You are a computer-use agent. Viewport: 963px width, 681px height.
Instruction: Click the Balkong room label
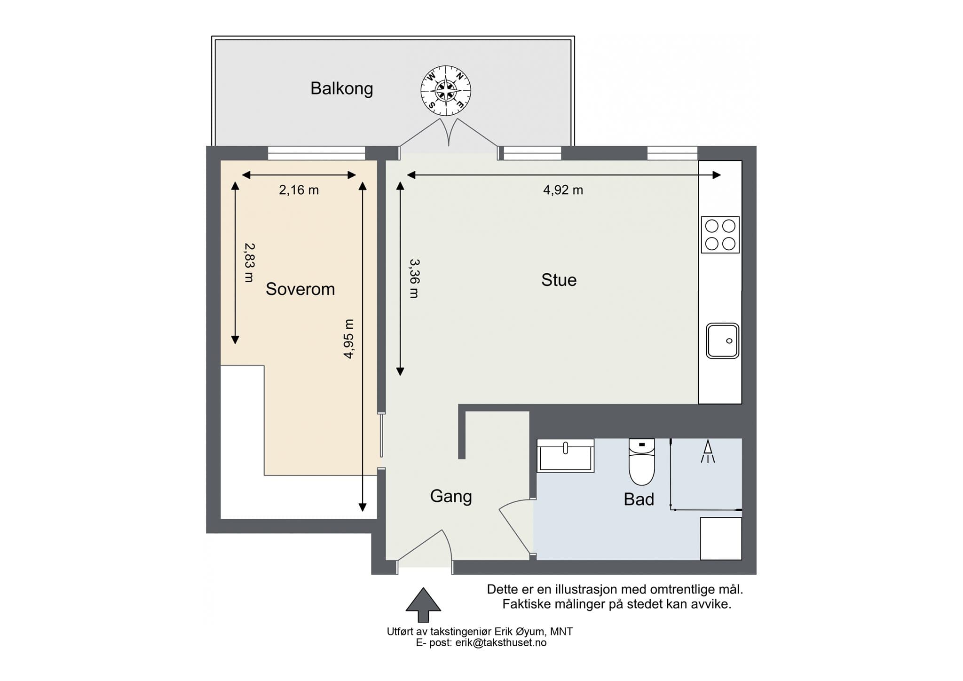[342, 89]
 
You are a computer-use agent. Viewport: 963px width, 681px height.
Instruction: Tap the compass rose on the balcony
[445, 90]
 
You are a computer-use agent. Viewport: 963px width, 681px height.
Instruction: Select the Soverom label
[300, 289]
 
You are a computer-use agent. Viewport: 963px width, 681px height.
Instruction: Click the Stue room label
[559, 280]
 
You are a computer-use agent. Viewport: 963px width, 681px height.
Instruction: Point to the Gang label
[451, 497]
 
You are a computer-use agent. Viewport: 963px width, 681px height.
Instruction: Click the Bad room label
[639, 499]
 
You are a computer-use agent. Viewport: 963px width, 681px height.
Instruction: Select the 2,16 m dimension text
[299, 190]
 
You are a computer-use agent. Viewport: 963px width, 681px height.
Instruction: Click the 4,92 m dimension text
[563, 190]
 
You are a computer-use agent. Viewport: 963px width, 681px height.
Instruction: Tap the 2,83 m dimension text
[249, 262]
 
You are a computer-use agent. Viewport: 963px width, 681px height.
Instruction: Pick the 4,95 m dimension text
[348, 339]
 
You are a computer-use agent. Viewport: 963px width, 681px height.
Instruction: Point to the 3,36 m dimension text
[414, 278]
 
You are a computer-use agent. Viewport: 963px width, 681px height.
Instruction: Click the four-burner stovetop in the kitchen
[720, 235]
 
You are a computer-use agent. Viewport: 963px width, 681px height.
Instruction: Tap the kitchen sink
[722, 340]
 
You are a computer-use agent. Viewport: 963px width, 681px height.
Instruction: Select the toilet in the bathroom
[642, 462]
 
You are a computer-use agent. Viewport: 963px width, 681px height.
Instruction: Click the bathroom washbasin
[566, 456]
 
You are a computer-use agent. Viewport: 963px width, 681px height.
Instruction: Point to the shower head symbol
[708, 451]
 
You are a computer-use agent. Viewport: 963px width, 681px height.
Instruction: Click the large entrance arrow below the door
[423, 605]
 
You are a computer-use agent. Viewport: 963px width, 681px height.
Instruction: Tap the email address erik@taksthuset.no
[501, 643]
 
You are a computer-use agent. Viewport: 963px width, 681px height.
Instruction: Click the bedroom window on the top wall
[316, 153]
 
